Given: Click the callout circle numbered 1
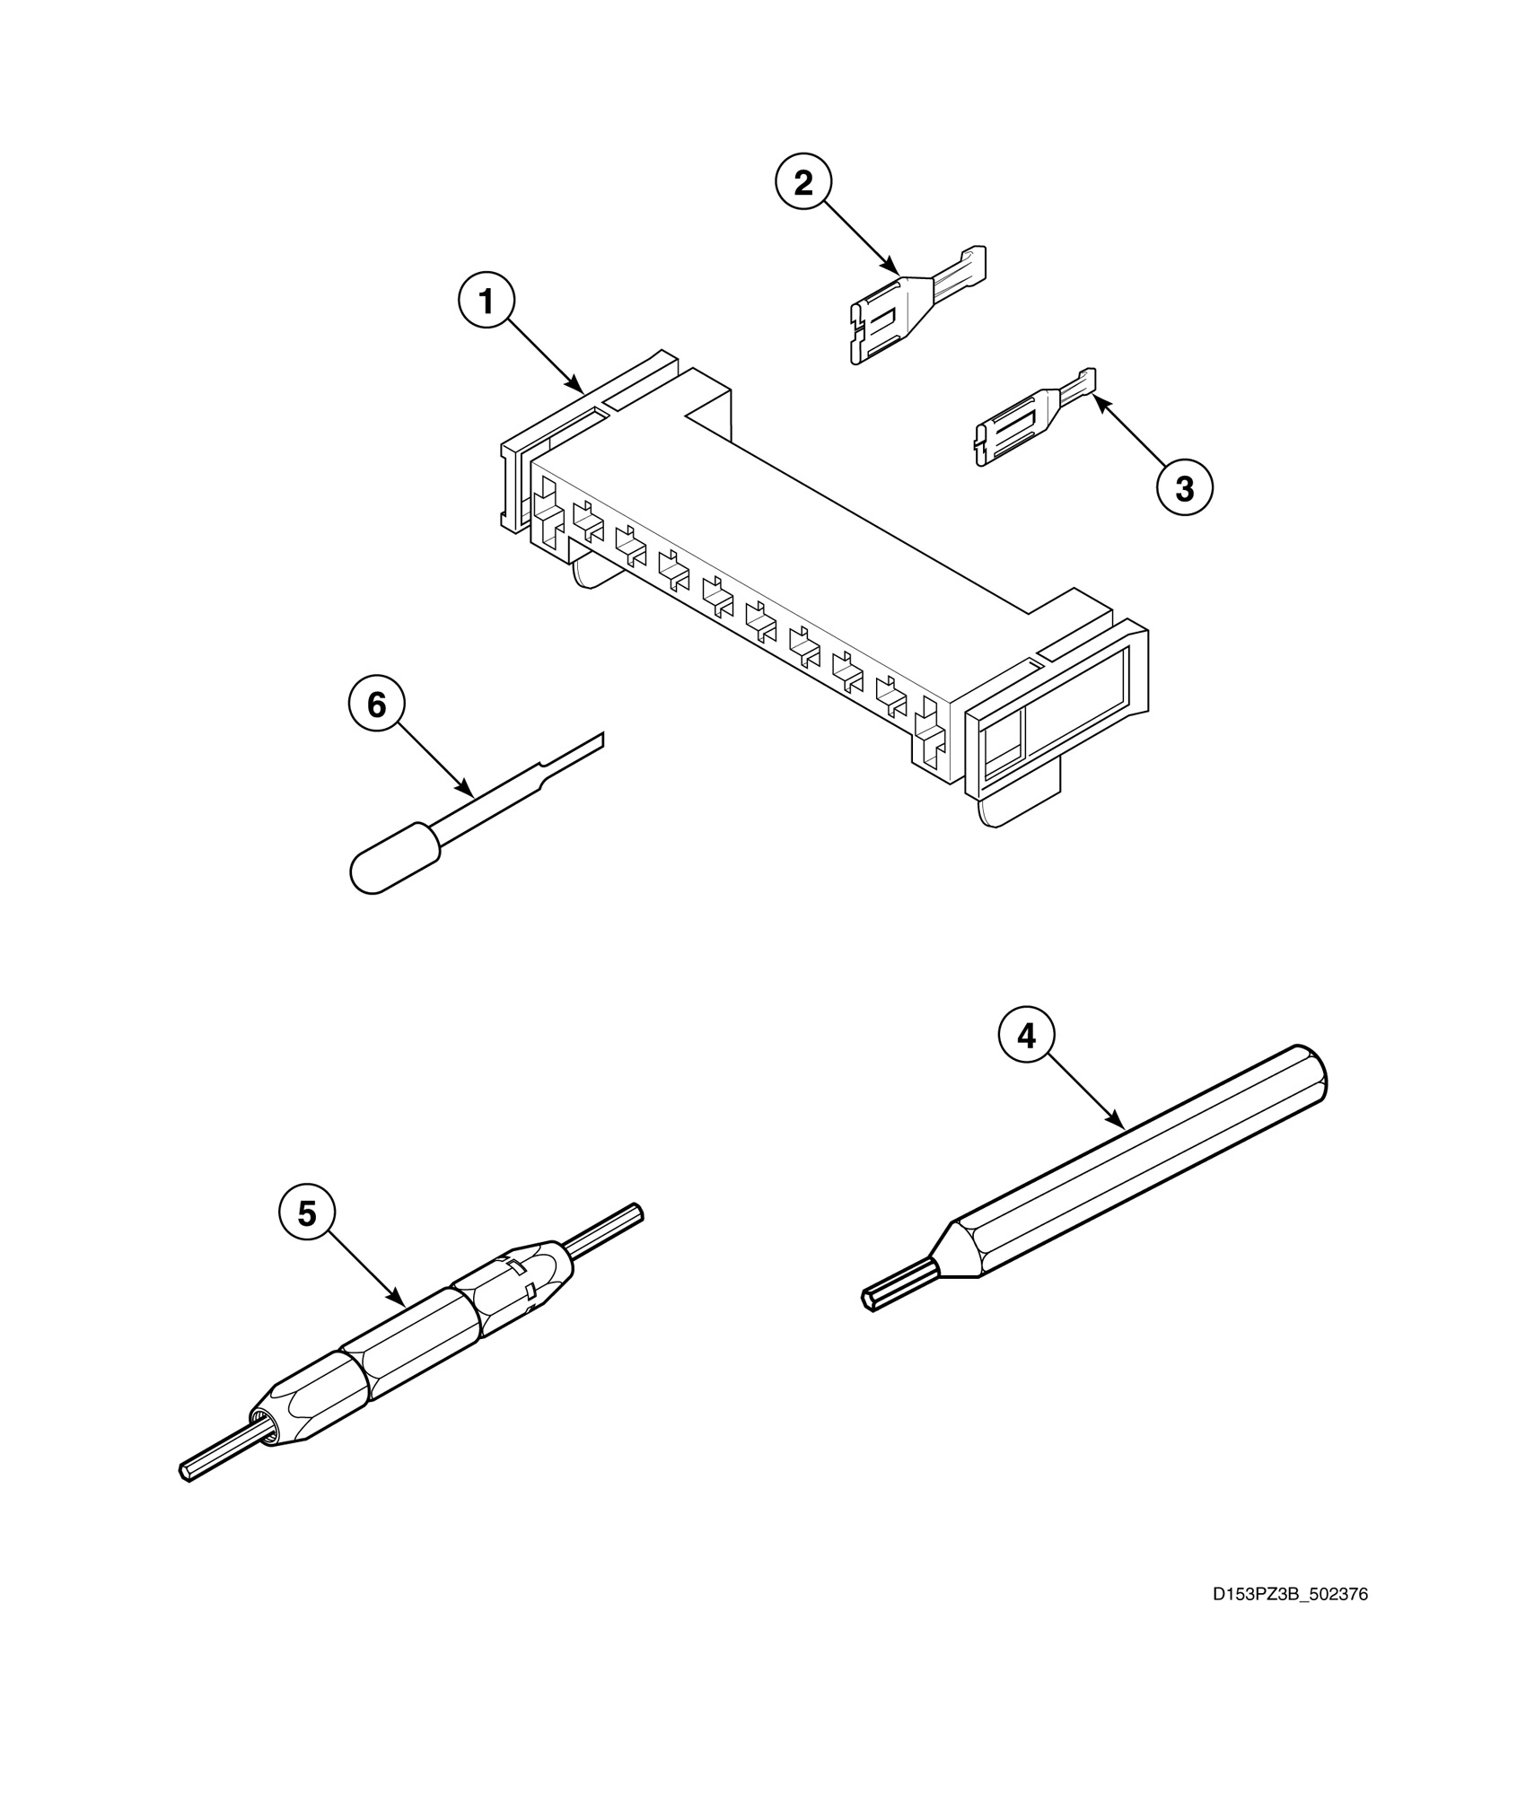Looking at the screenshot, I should click(487, 302).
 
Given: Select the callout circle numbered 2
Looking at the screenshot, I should click(803, 182).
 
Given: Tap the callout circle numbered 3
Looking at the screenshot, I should click(1184, 488).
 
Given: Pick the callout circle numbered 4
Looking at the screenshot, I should click(1026, 1036).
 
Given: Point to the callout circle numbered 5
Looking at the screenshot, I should click(307, 1214).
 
